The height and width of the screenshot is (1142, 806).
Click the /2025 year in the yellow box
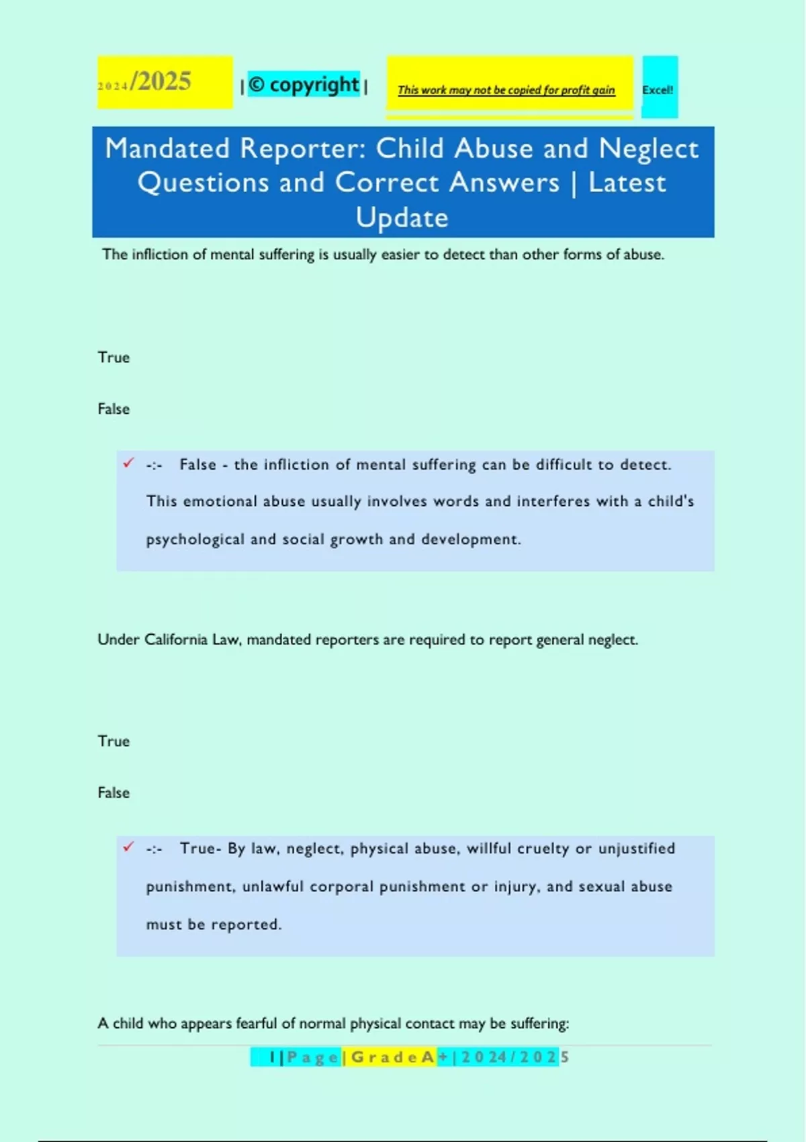[x=162, y=81]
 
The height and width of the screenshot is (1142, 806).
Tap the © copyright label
[x=304, y=85]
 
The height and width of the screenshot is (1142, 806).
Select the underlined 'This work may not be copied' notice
[x=506, y=90]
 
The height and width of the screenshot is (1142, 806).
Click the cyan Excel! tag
[x=658, y=89]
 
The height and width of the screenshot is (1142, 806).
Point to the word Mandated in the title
[x=167, y=148]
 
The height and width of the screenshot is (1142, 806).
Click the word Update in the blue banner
[x=402, y=218]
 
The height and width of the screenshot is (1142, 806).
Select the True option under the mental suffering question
[x=114, y=357]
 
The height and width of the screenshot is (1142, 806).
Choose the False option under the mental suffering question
[x=114, y=409]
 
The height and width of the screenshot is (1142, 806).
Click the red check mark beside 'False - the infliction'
[x=128, y=463]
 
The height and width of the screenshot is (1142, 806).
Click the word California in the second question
[x=176, y=640]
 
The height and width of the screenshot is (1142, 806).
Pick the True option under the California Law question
[x=114, y=741]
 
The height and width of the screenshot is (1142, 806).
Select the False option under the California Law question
[x=114, y=793]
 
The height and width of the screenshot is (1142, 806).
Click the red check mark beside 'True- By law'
[x=128, y=846]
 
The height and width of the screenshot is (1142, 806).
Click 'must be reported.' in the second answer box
[x=214, y=924]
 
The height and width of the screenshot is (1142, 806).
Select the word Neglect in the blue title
[x=648, y=148]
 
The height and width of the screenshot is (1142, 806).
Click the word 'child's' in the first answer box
[x=670, y=501]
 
